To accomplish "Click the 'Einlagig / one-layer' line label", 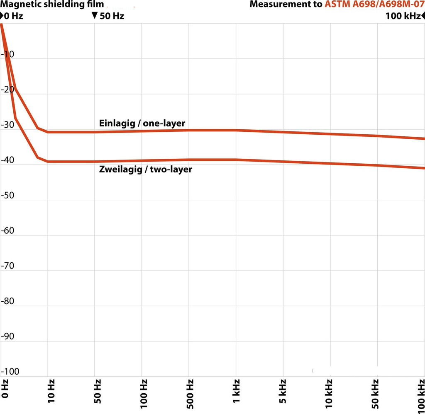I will coord(142,123).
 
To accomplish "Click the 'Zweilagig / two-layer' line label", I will coord(146,169).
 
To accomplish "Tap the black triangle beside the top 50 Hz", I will coord(95,15).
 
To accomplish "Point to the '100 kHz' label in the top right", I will coord(403,16).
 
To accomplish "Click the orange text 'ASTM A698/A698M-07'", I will coord(374,5).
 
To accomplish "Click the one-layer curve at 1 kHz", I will coord(236,130).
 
